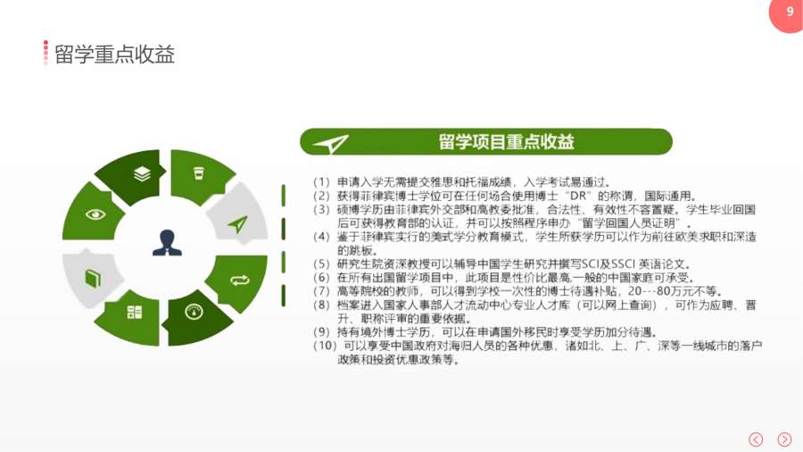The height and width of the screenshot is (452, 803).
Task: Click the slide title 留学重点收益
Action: coord(114,54)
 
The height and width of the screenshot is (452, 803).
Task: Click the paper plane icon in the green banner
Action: coord(331,144)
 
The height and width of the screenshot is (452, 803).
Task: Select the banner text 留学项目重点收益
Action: coord(506,142)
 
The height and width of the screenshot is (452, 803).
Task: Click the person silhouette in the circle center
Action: coord(167,242)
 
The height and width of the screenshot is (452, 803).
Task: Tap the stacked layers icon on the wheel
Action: coord(142,174)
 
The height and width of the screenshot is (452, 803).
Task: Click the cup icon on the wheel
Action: coord(199,173)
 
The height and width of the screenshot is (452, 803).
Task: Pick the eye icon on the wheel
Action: coord(95,214)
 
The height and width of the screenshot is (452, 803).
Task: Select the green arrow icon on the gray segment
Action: coord(237,224)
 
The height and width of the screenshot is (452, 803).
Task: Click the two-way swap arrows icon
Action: coord(240,280)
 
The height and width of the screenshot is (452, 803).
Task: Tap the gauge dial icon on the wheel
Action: coord(194,312)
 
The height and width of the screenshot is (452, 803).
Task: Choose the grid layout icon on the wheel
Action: coord(135,312)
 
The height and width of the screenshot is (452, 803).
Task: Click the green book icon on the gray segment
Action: coord(93,279)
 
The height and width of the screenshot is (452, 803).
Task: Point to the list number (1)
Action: coord(321,182)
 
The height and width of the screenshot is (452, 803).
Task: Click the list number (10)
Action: coord(324,346)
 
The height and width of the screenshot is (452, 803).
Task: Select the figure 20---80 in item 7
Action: coord(650,291)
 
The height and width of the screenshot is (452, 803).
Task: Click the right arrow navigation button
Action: coord(784,439)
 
